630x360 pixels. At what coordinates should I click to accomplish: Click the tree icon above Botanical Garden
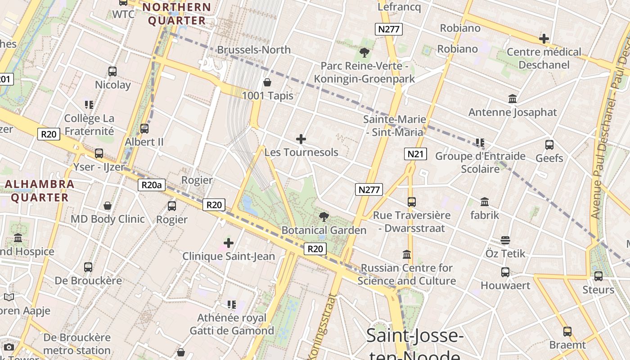coord(324,217)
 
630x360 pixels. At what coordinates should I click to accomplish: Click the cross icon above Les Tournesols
coord(301,139)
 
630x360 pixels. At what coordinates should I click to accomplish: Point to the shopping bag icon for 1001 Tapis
coord(267,82)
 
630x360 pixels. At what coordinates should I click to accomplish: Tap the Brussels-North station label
coord(254,49)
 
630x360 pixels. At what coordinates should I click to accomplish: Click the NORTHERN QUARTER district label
coord(177,14)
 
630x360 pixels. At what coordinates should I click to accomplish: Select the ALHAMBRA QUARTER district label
coord(40,190)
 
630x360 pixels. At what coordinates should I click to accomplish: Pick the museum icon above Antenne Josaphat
coord(512,99)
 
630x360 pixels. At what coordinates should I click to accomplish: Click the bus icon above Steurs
coord(598,276)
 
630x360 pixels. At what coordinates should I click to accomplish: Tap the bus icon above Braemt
coord(567,332)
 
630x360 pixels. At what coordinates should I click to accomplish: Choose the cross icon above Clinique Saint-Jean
coord(229,243)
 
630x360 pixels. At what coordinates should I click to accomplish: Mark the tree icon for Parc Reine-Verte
coord(364,53)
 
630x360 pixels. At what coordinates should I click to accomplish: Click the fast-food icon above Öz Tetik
coord(505,240)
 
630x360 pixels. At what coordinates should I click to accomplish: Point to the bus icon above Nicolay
coord(112,72)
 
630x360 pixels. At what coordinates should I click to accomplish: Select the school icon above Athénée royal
coord(231,305)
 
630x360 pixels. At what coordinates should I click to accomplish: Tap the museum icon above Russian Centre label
coord(407,255)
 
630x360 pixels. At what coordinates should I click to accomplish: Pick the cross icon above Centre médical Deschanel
coord(544,39)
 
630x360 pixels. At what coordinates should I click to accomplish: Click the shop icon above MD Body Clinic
coord(108,206)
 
